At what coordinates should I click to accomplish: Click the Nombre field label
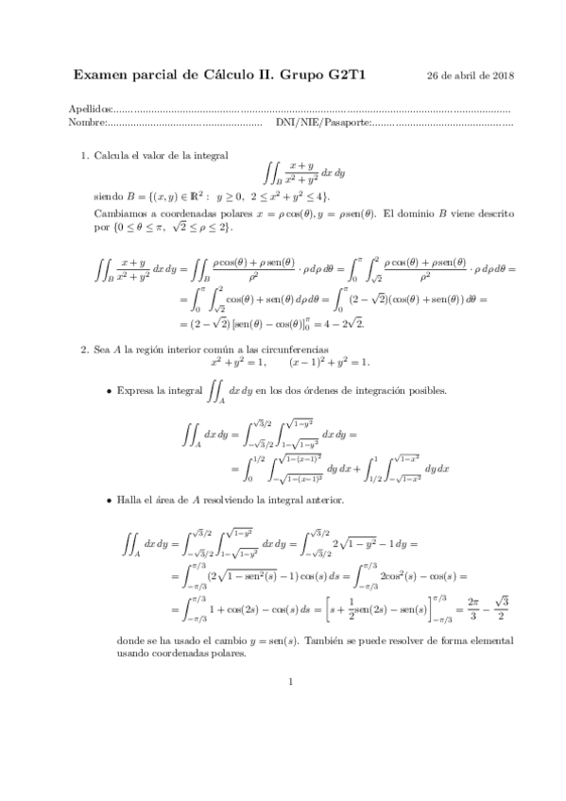87,123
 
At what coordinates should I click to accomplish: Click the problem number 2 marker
84,349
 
